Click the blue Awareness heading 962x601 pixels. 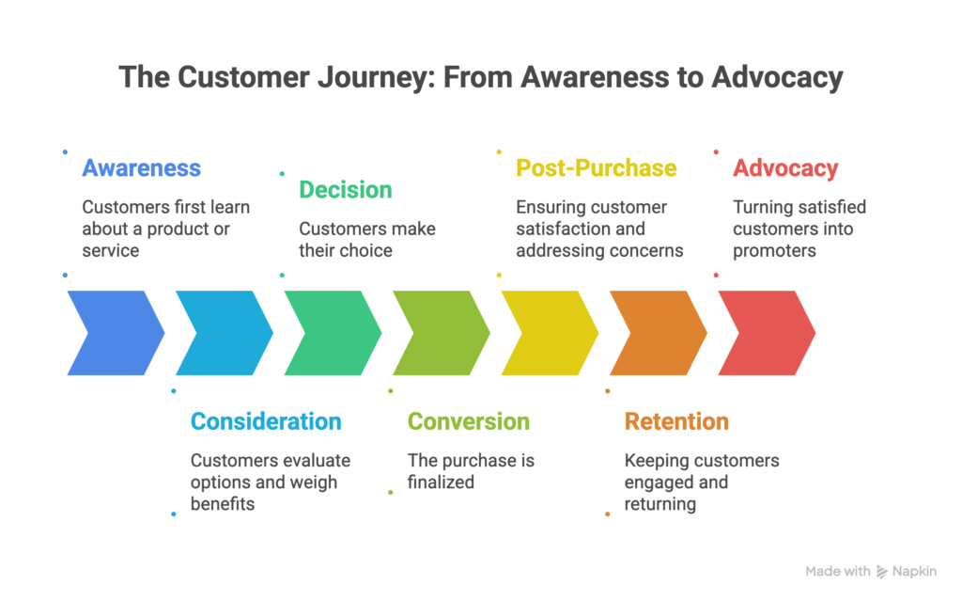[x=141, y=168]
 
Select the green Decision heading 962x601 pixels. [x=345, y=190]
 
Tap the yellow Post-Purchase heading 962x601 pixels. [x=596, y=168]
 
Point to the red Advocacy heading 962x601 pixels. [x=785, y=168]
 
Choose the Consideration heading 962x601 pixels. [x=266, y=421]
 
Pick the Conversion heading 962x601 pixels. [x=468, y=421]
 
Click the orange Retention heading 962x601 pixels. [x=676, y=421]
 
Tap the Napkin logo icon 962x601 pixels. [x=882, y=571]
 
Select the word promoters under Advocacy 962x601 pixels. [x=774, y=250]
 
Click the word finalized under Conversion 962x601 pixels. [x=441, y=482]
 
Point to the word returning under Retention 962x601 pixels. [x=660, y=504]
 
